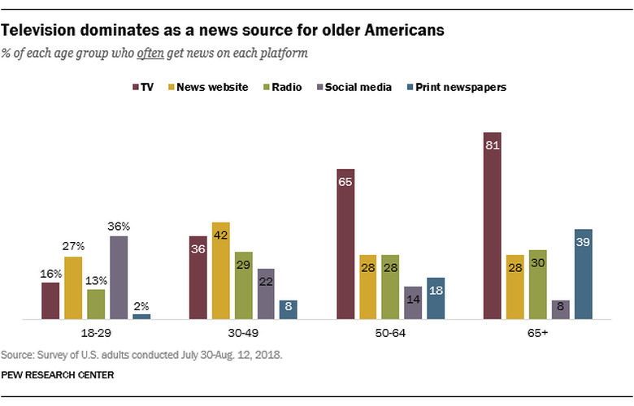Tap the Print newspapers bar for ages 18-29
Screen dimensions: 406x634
(x=141, y=317)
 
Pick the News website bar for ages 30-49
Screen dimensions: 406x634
(x=220, y=271)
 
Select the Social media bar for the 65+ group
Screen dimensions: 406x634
(x=560, y=309)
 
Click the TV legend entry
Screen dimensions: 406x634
(x=141, y=88)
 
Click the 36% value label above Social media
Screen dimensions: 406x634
(x=119, y=227)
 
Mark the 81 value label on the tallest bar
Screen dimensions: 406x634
(x=492, y=147)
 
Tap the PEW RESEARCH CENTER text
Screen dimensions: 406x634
(x=57, y=374)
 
